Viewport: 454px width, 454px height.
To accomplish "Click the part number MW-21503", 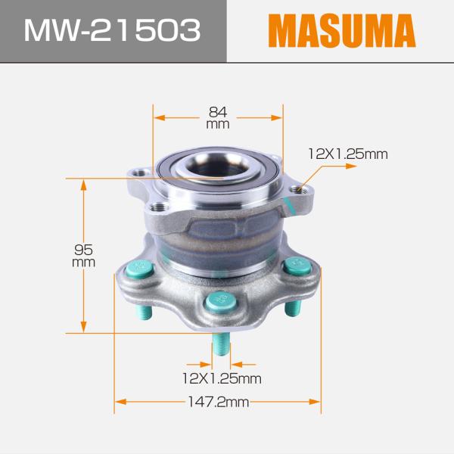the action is pyautogui.click(x=112, y=30).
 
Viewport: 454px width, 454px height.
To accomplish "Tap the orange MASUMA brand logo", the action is pyautogui.click(x=342, y=30).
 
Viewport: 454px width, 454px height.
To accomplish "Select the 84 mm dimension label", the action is pyautogui.click(x=218, y=117).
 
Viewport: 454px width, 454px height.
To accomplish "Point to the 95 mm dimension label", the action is pyautogui.click(x=83, y=256).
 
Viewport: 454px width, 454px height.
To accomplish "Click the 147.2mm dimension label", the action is pyautogui.click(x=219, y=402).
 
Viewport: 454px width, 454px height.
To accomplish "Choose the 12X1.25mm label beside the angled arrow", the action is pyautogui.click(x=348, y=154).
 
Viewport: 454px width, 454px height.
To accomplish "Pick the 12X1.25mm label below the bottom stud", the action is pyautogui.click(x=222, y=378).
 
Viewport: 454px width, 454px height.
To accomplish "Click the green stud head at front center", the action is pyautogui.click(x=221, y=300).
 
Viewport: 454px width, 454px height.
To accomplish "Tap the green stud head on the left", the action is pyautogui.click(x=139, y=269).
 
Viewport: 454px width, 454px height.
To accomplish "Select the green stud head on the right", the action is pyautogui.click(x=297, y=266).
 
